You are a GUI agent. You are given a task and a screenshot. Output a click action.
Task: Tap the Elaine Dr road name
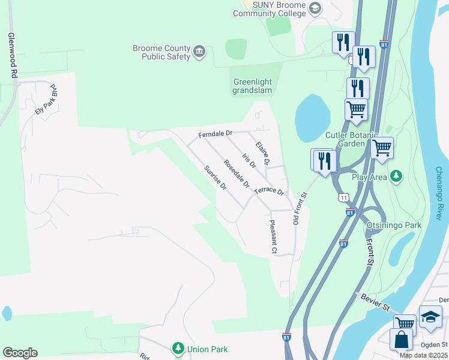[263, 154]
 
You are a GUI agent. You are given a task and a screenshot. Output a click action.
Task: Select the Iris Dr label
[249, 160]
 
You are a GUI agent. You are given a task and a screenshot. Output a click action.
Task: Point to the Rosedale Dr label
[236, 173]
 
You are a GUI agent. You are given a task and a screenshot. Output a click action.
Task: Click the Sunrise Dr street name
[215, 178]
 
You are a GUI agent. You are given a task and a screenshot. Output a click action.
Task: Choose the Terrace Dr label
[268, 191]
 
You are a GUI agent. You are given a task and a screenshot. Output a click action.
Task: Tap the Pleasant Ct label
[273, 236]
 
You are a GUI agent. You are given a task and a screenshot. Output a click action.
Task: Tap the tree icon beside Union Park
[178, 348]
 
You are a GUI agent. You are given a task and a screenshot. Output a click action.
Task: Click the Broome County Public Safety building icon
[200, 52]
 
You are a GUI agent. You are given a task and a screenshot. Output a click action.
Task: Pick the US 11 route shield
[343, 197]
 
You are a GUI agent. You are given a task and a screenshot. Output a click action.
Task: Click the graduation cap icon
[430, 317]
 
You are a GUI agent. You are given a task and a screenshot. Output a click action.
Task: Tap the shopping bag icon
[401, 340]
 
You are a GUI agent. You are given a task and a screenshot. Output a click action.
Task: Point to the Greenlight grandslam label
[252, 86]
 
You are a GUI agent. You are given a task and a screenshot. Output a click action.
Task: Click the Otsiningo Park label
[394, 225]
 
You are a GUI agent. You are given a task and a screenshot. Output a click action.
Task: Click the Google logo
[20, 353]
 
